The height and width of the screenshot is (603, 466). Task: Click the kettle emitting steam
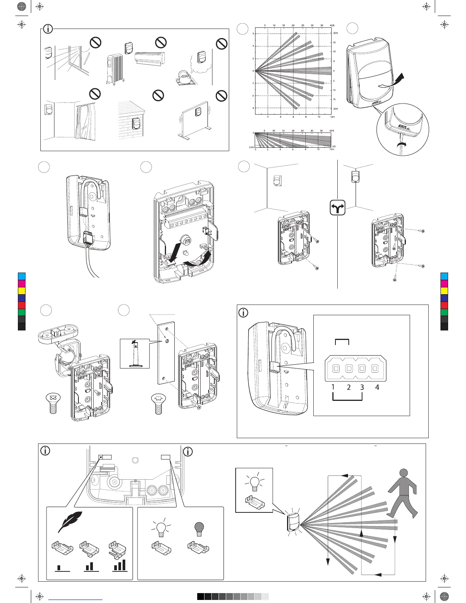(185, 78)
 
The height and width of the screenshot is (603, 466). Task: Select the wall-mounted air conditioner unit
(150, 58)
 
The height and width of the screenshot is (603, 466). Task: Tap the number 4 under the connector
(377, 388)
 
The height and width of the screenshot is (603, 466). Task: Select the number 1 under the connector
(333, 387)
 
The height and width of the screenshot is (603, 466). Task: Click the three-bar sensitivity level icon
(120, 565)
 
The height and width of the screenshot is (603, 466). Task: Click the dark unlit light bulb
(199, 529)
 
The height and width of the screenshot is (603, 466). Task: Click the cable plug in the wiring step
(89, 239)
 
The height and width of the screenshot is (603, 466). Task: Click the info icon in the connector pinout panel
(243, 313)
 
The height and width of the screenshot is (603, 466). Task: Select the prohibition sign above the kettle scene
(221, 44)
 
